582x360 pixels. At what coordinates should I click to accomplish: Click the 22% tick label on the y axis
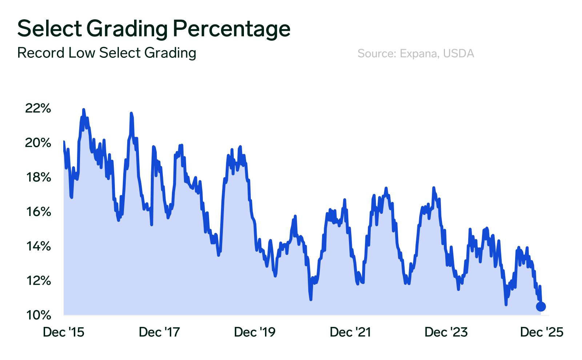(x=38, y=108)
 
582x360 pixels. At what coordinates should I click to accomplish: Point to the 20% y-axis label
(x=38, y=143)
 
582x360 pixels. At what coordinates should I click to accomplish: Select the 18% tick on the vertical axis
(x=38, y=177)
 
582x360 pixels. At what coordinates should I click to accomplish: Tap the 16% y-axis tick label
(x=38, y=212)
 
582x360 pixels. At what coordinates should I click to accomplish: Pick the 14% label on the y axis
(x=38, y=246)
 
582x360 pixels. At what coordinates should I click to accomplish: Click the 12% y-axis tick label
(x=38, y=281)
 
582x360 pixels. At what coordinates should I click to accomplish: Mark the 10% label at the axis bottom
(x=38, y=315)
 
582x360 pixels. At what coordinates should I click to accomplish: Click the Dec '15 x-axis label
(x=64, y=332)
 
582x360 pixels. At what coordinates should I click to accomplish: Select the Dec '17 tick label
(x=159, y=332)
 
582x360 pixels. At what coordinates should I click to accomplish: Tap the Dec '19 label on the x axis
(x=255, y=332)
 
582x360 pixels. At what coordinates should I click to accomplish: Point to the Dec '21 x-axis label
(x=350, y=332)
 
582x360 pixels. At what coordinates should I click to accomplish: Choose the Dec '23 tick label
(x=446, y=332)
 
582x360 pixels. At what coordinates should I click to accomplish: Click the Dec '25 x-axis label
(x=542, y=332)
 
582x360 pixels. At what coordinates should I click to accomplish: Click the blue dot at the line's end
(x=541, y=307)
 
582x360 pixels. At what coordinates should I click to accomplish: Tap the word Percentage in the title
(x=231, y=29)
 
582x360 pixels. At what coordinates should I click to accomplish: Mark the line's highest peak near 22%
(x=83, y=109)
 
